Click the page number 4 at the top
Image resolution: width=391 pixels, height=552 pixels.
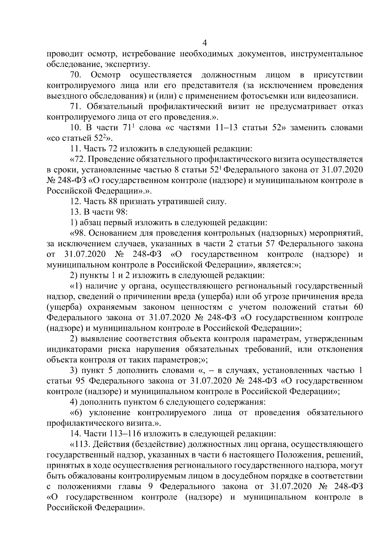tap(205, 43)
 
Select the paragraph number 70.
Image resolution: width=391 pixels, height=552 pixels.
tap(75, 75)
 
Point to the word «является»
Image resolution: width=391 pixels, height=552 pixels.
tap(274, 265)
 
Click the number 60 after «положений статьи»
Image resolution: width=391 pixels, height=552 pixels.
tap(357, 307)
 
